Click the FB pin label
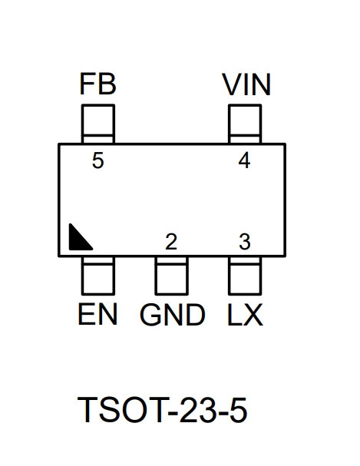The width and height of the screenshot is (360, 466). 98,84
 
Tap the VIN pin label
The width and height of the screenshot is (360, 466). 246,84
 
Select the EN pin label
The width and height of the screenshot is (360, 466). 97,314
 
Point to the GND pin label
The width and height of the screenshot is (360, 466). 172,315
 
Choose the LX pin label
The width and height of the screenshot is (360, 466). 245,314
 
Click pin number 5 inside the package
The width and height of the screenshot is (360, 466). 98,160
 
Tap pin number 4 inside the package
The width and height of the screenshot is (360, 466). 244,160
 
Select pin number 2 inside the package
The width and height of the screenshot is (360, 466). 171,241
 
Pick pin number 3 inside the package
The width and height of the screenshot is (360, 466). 245,241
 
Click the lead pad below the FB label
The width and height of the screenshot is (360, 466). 98,124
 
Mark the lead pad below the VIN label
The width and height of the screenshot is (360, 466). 245,124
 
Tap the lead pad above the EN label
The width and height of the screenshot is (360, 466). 98,276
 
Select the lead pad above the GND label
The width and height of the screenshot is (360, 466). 171,276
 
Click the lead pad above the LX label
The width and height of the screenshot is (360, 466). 245,276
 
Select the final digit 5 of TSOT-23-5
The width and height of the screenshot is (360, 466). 238,410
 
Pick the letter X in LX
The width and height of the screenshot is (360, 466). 253,314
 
